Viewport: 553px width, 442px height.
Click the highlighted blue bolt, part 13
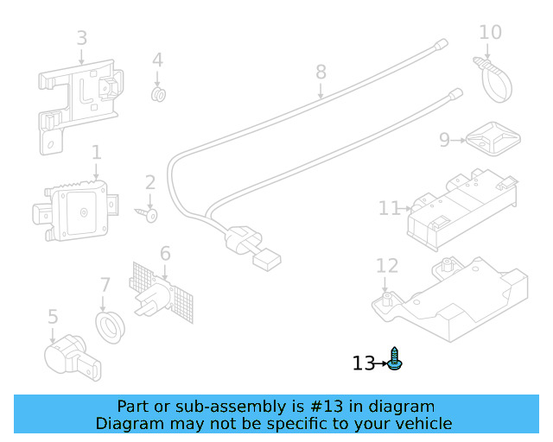click(x=396, y=360)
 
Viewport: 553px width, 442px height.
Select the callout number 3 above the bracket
click(x=81, y=38)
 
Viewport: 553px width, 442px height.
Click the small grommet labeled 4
click(x=158, y=92)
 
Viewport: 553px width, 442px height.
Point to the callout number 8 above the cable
click(x=321, y=72)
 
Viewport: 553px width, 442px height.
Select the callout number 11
click(x=389, y=208)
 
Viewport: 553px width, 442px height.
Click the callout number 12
click(x=386, y=267)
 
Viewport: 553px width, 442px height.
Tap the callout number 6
click(x=165, y=254)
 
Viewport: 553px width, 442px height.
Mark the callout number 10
click(x=490, y=33)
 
